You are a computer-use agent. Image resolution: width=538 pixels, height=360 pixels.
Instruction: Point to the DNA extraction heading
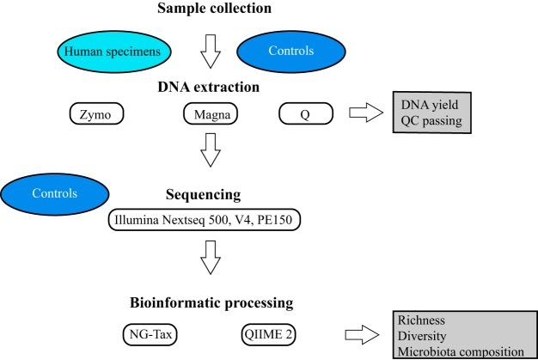click(211, 88)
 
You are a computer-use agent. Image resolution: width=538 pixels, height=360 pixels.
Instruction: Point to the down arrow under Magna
click(210, 151)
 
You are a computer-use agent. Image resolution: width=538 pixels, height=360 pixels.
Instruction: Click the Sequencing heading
click(210, 192)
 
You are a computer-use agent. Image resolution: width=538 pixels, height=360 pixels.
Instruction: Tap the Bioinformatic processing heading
click(211, 302)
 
